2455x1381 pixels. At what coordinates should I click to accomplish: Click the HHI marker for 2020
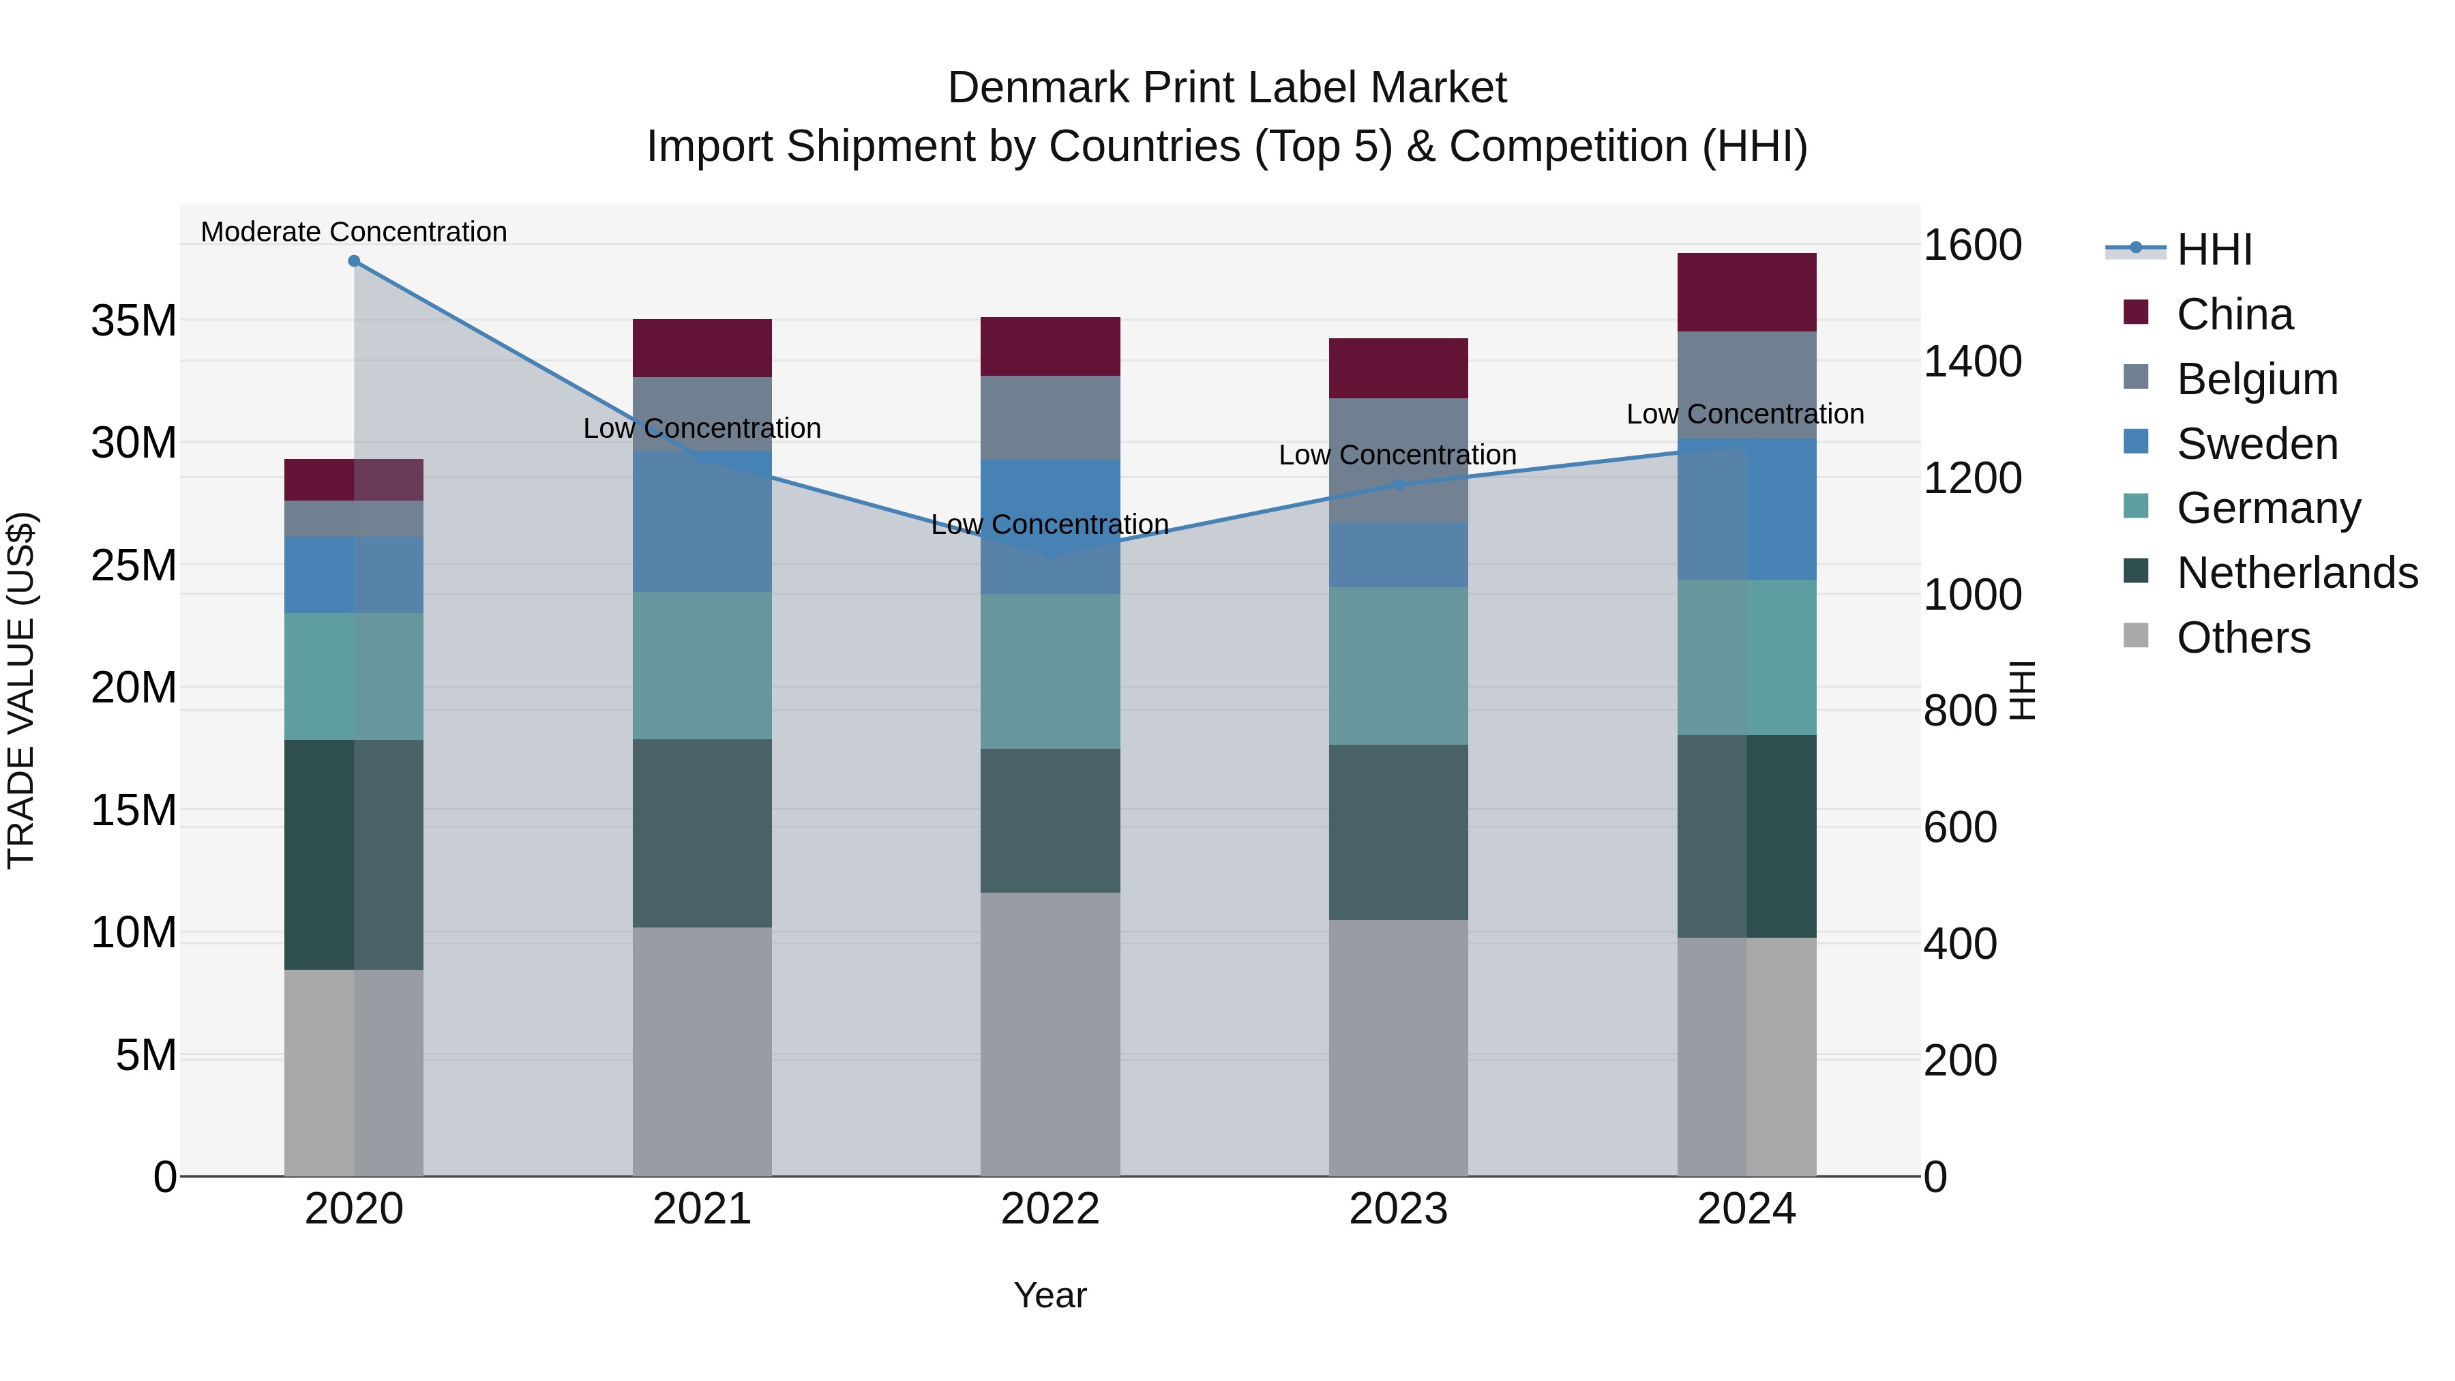(x=353, y=261)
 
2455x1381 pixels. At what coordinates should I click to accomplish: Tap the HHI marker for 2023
(x=1398, y=484)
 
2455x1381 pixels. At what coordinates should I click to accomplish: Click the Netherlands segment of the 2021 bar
(x=702, y=833)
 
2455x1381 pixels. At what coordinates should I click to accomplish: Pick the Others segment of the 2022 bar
(x=1050, y=1034)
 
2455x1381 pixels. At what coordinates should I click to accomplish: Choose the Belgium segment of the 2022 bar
(x=1050, y=417)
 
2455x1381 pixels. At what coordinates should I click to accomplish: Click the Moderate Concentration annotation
(x=353, y=232)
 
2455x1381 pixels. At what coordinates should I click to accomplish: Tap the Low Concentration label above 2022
(x=1050, y=524)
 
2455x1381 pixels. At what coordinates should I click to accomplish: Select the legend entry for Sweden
(x=2257, y=444)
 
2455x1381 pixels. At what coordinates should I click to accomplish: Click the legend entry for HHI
(x=2214, y=250)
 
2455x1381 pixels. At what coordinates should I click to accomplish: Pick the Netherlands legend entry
(x=2297, y=573)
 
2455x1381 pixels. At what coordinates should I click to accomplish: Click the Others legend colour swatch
(x=2136, y=636)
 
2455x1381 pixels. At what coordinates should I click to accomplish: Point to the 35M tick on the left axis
(x=134, y=321)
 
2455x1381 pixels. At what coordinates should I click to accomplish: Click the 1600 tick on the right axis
(x=1972, y=245)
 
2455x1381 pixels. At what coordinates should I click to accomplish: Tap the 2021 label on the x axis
(x=702, y=1209)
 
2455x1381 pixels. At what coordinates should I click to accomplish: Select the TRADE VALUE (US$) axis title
(x=21, y=690)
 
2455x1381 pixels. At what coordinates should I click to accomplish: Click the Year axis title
(x=1050, y=1295)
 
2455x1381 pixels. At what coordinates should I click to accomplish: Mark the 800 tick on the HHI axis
(x=1959, y=711)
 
